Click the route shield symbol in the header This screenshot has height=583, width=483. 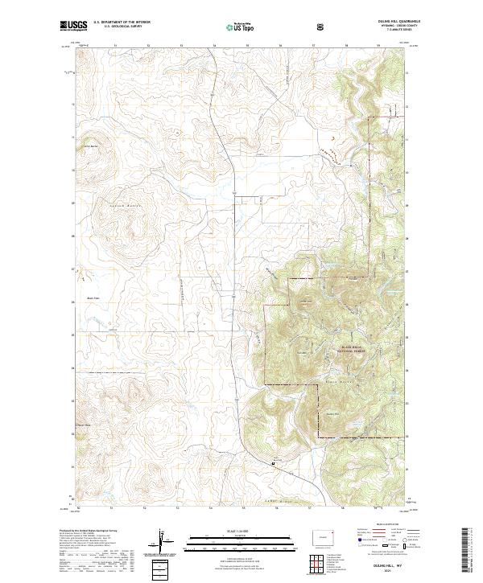pyautogui.click(x=323, y=27)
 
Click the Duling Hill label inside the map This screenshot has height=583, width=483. pyautogui.click(x=329, y=414)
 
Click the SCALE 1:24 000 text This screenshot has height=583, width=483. pyautogui.click(x=229, y=531)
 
